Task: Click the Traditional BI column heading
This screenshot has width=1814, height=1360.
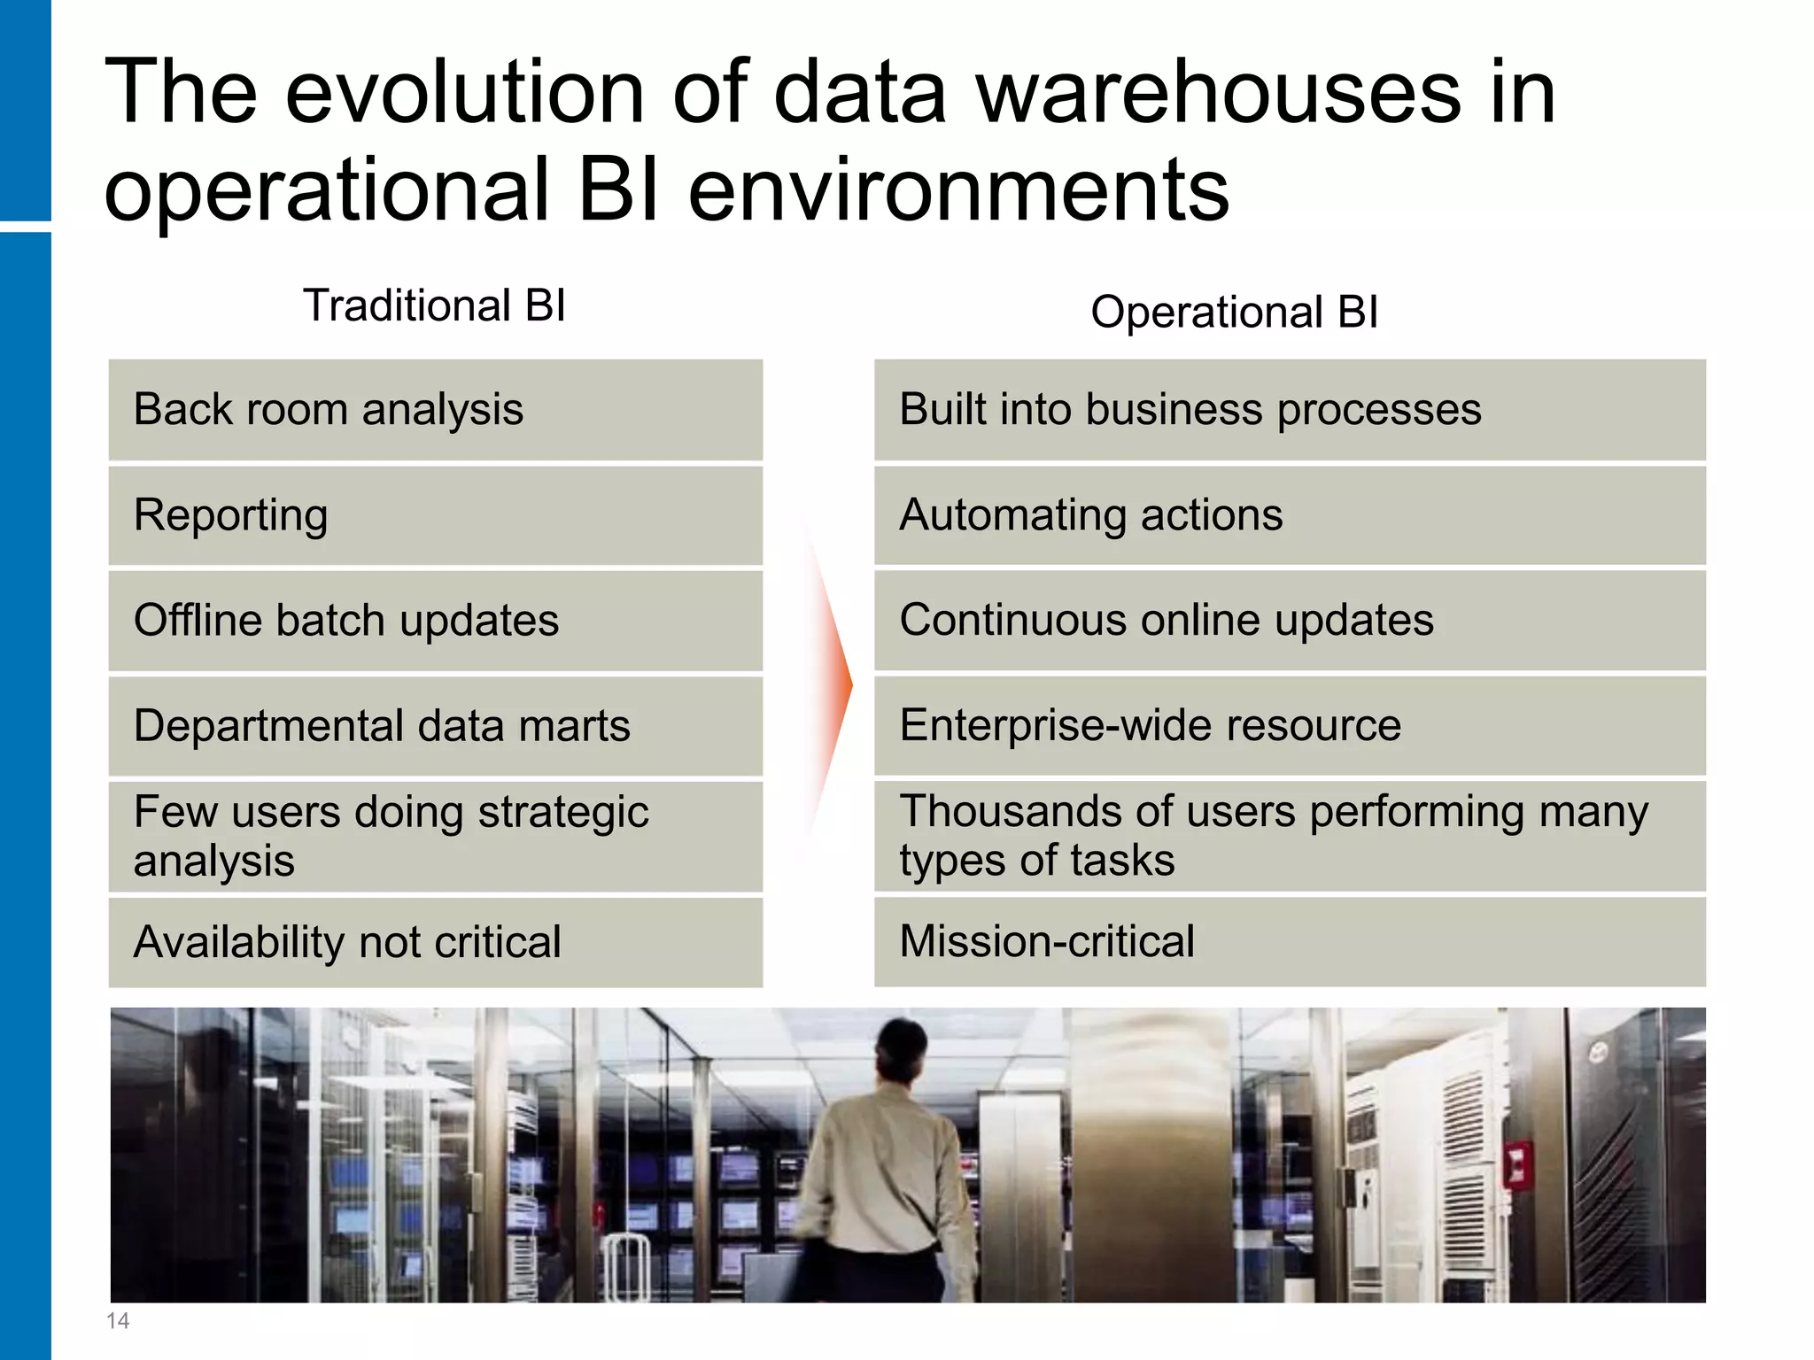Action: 434,306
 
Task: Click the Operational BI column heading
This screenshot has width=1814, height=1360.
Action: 1234,313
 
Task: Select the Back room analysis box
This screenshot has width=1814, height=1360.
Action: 435,410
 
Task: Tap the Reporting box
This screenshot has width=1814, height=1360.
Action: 435,515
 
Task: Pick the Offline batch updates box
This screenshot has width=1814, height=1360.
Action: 435,621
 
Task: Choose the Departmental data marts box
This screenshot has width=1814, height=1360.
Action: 435,726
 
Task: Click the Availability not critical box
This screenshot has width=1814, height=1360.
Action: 435,942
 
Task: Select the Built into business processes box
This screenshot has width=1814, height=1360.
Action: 1290,410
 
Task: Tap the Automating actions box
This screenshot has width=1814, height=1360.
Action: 1290,515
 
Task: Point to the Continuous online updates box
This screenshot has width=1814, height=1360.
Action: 1290,621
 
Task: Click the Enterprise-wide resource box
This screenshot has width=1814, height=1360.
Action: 1290,726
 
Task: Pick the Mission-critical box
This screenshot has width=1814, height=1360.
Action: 1290,942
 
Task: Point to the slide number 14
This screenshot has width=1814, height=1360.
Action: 118,1321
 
